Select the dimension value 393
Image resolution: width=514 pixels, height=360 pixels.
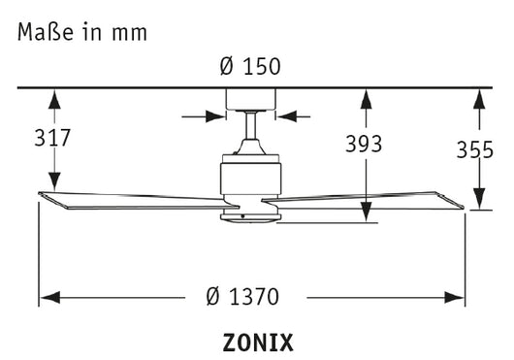click(364, 144)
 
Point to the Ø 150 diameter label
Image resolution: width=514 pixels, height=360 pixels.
click(251, 68)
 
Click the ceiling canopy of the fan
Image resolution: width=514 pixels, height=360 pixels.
click(251, 100)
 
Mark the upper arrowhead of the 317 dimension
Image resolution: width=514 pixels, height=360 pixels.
click(54, 97)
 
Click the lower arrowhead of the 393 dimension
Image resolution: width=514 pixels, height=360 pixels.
click(365, 215)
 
